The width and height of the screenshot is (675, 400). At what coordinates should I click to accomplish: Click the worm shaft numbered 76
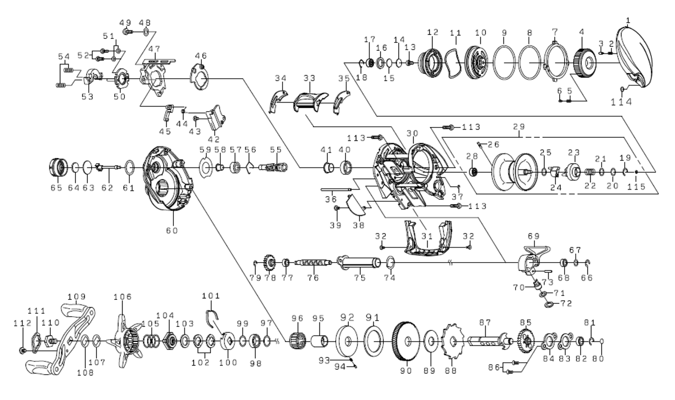coord(312,263)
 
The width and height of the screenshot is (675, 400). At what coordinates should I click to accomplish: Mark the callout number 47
coord(154,49)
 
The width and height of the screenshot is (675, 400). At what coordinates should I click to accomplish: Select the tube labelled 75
coord(358,262)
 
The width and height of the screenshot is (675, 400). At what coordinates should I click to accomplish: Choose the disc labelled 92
coord(348,341)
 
